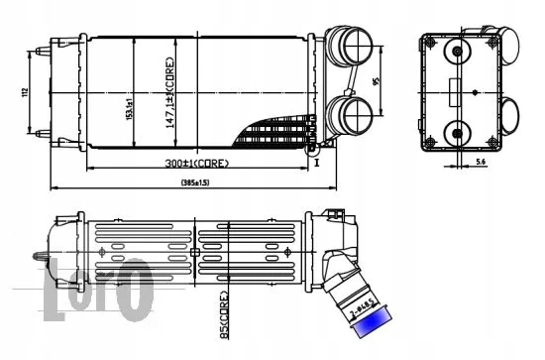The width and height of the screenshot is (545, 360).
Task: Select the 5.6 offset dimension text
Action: (x=480, y=160)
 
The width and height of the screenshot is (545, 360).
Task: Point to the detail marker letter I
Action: (x=318, y=165)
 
